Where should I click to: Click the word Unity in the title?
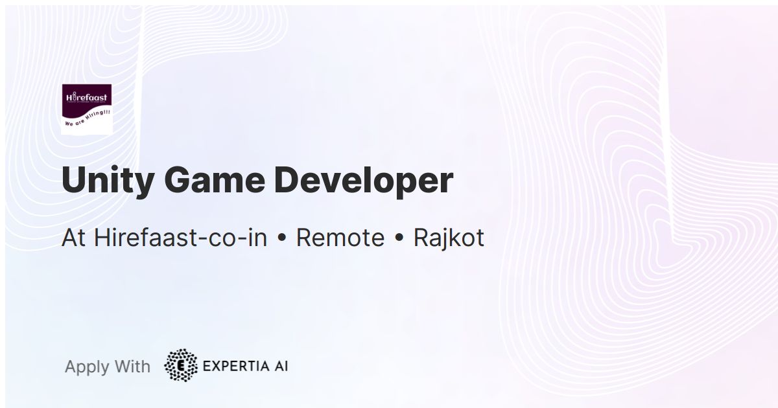(x=104, y=181)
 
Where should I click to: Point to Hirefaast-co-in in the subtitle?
(x=181, y=238)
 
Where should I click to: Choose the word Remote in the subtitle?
(x=340, y=238)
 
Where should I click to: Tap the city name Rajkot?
(x=449, y=238)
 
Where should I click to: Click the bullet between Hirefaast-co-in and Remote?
(x=281, y=239)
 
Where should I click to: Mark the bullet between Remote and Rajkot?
(x=399, y=239)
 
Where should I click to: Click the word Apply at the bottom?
(x=87, y=367)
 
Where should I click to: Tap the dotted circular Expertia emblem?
(x=181, y=365)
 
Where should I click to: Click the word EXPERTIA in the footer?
(x=234, y=366)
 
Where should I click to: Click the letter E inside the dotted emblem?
(x=181, y=365)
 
